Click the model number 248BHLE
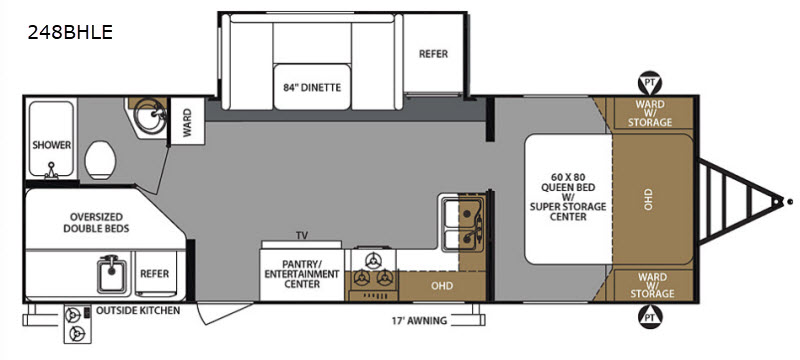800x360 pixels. [70, 33]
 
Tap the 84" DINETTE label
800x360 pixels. [312, 87]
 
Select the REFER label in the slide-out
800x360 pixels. [433, 54]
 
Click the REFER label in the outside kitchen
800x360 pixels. [155, 274]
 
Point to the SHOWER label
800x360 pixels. [52, 145]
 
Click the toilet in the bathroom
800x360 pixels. [101, 160]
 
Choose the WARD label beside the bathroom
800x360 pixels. [187, 121]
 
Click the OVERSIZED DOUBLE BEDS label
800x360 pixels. [96, 222]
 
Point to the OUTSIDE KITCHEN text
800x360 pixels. [138, 310]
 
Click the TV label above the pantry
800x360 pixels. [302, 236]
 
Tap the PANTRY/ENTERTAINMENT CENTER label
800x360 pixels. [302, 274]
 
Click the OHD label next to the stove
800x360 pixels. [442, 286]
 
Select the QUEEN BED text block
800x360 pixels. [568, 197]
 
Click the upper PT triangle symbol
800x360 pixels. [650, 83]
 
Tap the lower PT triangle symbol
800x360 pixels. [650, 317]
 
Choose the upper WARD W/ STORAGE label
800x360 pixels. [650, 113]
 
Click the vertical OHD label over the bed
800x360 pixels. [648, 199]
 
